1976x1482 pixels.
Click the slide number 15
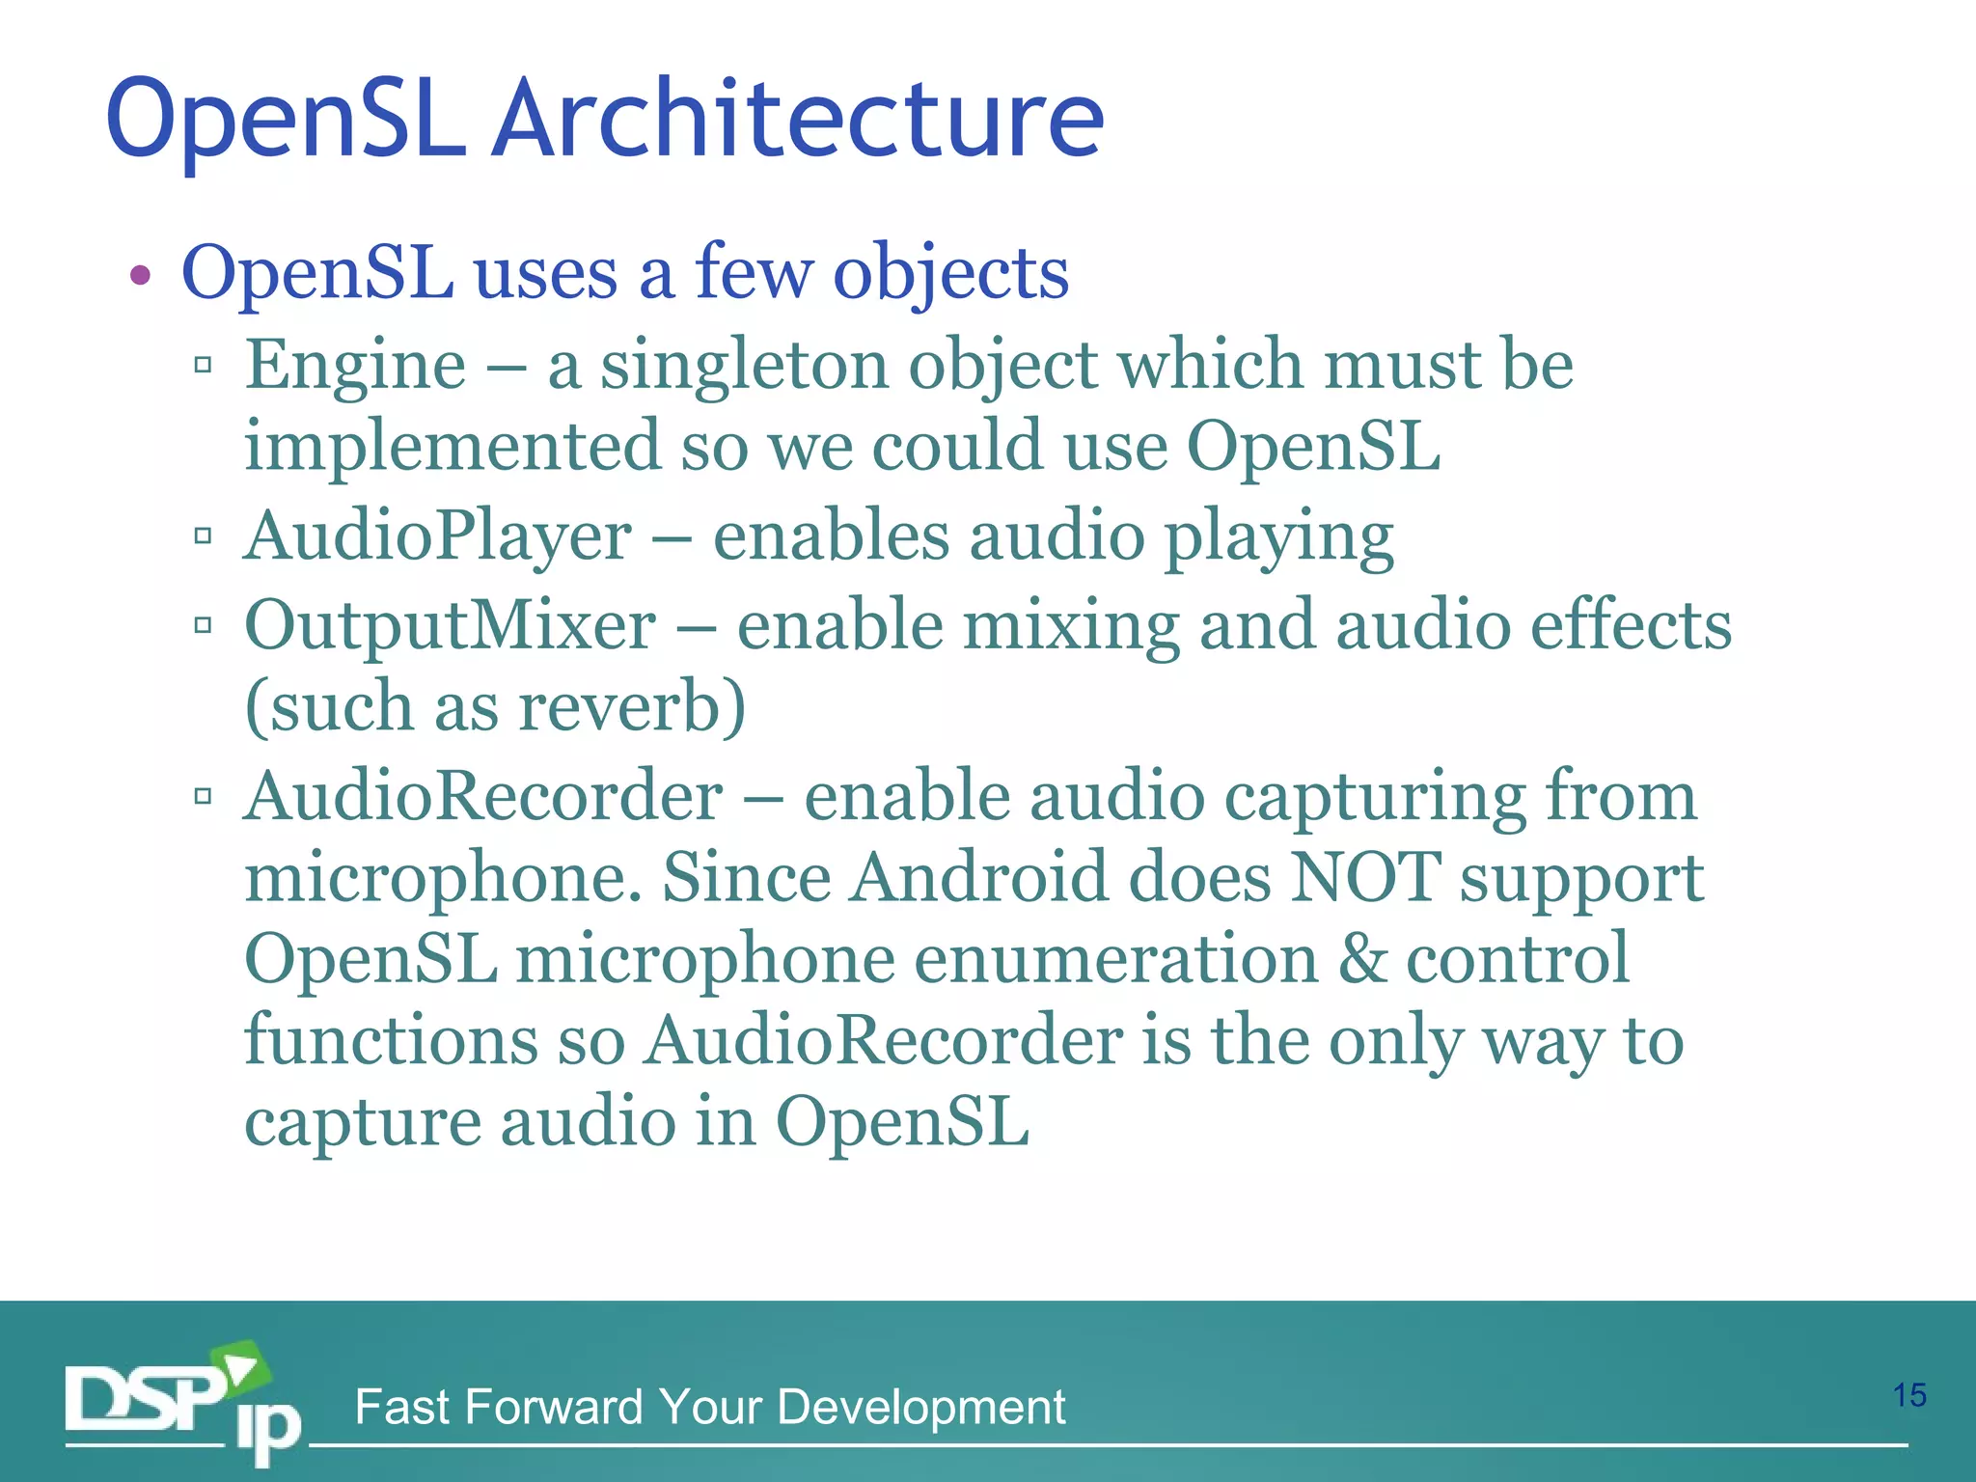tap(1909, 1395)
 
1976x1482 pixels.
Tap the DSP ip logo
tap(183, 1402)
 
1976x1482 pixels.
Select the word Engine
tap(355, 367)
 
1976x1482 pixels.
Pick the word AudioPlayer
tap(437, 536)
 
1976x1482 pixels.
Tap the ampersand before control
tap(1361, 959)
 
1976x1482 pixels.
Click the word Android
tap(979, 877)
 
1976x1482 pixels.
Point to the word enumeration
tap(1115, 959)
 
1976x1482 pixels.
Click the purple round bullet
tap(141, 276)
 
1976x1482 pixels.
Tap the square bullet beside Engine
tap(203, 365)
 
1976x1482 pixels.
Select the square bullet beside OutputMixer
tap(203, 625)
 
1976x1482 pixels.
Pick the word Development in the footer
tap(920, 1407)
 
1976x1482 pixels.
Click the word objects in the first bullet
tap(950, 274)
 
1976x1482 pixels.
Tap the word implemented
tap(452, 448)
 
